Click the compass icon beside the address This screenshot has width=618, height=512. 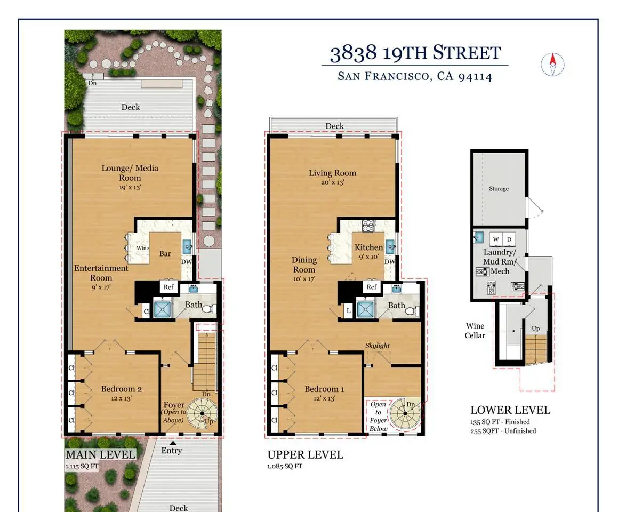tap(552, 64)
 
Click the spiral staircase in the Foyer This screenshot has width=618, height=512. tap(202, 413)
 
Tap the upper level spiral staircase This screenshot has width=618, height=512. tap(405, 413)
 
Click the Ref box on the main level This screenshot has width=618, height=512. tap(168, 287)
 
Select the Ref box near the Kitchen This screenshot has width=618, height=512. tap(372, 287)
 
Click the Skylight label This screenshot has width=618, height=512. tap(378, 345)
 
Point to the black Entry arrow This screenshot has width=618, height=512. tap(173, 443)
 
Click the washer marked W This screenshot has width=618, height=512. tap(496, 239)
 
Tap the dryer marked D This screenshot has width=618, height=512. tap(509, 239)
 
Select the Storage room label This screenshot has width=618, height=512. tap(499, 188)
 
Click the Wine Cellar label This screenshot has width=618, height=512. tap(475, 331)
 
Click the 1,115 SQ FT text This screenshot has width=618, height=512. tap(82, 466)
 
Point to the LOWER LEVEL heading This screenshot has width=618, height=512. tap(510, 410)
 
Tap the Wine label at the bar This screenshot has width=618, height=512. tap(142, 248)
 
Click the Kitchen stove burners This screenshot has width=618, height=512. tap(368, 226)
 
